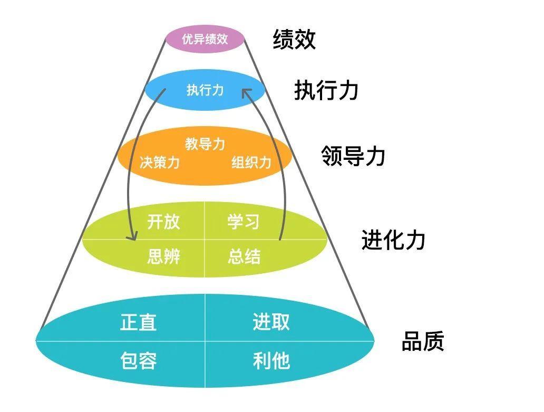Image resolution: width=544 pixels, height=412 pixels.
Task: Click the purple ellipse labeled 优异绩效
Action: pyautogui.click(x=205, y=39)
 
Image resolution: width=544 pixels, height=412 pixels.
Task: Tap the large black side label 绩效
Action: pyautogui.click(x=294, y=40)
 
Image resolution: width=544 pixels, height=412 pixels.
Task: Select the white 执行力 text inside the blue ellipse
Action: pyautogui.click(x=205, y=90)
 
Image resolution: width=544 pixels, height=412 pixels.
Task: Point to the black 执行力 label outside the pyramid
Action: pyautogui.click(x=326, y=90)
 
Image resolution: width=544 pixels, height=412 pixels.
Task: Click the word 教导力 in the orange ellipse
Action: pyautogui.click(x=205, y=143)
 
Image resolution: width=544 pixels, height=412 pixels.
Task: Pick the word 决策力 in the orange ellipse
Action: pyautogui.click(x=160, y=162)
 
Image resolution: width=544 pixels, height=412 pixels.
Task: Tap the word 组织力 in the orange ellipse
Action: pyautogui.click(x=251, y=162)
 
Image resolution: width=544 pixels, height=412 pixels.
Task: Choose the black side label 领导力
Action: pyautogui.click(x=353, y=156)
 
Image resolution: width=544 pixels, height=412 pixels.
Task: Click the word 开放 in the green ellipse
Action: pyautogui.click(x=163, y=222)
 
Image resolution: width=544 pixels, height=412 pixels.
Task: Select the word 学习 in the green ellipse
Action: pyautogui.click(x=244, y=222)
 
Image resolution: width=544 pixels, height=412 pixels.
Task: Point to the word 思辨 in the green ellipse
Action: pyautogui.click(x=164, y=257)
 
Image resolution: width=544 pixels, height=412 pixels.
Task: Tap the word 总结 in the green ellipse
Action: pyautogui.click(x=244, y=257)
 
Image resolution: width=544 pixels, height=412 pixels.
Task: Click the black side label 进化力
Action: pyautogui.click(x=393, y=239)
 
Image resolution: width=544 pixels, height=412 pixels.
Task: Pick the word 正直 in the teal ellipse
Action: pyautogui.click(x=139, y=322)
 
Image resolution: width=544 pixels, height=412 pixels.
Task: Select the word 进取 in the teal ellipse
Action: pyautogui.click(x=271, y=322)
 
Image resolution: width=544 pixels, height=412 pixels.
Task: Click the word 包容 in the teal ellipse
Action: pyautogui.click(x=139, y=360)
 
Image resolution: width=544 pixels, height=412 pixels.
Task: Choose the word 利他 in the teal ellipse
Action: pyautogui.click(x=271, y=360)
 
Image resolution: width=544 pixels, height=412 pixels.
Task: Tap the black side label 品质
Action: pyautogui.click(x=423, y=341)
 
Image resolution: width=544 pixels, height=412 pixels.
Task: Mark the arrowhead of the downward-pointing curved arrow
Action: pyautogui.click(x=132, y=236)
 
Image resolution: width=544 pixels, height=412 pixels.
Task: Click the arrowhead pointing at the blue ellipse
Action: pyautogui.click(x=246, y=92)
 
